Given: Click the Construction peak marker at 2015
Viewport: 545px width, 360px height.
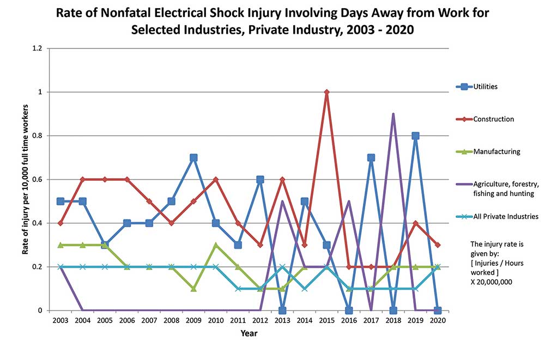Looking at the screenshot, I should [326, 92].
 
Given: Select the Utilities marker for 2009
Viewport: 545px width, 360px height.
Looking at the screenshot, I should [193, 158].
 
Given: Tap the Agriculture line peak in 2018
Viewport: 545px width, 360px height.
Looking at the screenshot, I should [393, 114].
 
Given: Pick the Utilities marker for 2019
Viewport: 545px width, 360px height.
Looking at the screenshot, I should [415, 136].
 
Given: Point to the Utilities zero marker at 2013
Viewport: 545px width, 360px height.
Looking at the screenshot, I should [282, 310].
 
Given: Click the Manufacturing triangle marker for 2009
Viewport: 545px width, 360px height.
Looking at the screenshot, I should [193, 289].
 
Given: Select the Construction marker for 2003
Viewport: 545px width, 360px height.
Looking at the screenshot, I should [60, 223].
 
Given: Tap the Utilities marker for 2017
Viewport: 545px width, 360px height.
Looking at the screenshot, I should [371, 158].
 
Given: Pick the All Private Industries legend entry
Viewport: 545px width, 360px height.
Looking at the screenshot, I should [506, 216].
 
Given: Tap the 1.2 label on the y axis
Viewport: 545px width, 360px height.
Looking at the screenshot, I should [37, 48].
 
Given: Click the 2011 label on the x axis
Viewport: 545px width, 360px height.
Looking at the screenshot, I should [238, 321].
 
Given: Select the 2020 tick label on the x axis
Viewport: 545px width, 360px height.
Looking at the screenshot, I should [437, 321].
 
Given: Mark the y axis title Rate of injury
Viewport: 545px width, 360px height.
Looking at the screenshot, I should [25, 180].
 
